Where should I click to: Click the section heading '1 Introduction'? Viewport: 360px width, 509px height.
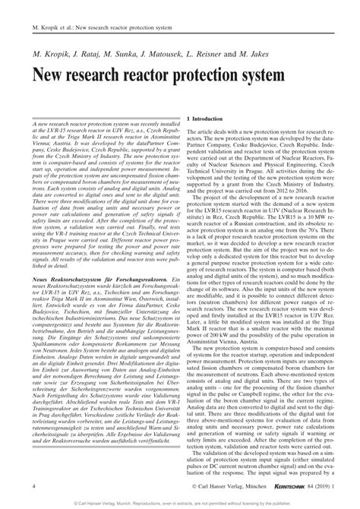point(207,120)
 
